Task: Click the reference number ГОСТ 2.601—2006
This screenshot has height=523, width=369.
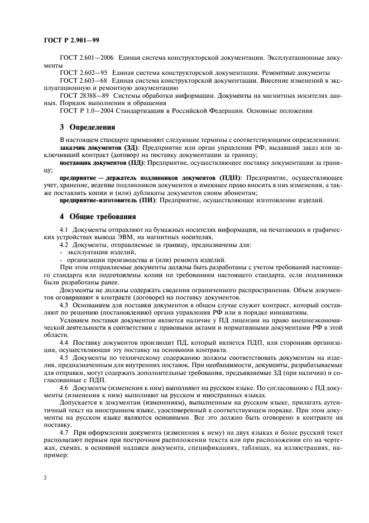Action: (84, 58)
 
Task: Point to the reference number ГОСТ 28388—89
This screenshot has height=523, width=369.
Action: (83, 96)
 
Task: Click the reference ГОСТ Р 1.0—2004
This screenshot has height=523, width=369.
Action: (87, 111)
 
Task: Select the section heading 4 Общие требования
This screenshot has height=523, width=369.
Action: (97, 216)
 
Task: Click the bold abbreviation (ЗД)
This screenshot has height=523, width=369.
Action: (129, 146)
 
